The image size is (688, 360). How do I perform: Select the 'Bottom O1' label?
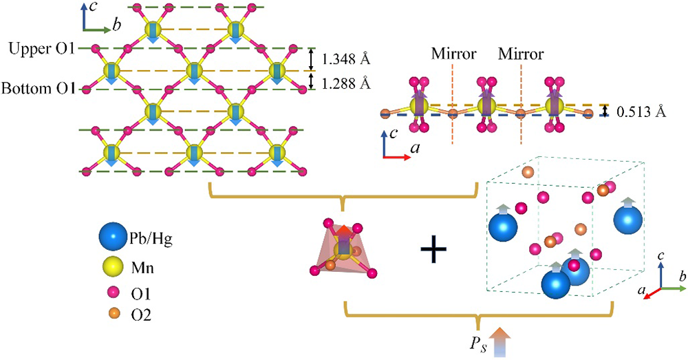39,89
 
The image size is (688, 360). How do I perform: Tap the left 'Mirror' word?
452,53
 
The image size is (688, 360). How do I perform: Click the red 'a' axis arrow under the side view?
399,158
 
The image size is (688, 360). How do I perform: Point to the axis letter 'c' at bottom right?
662,256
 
